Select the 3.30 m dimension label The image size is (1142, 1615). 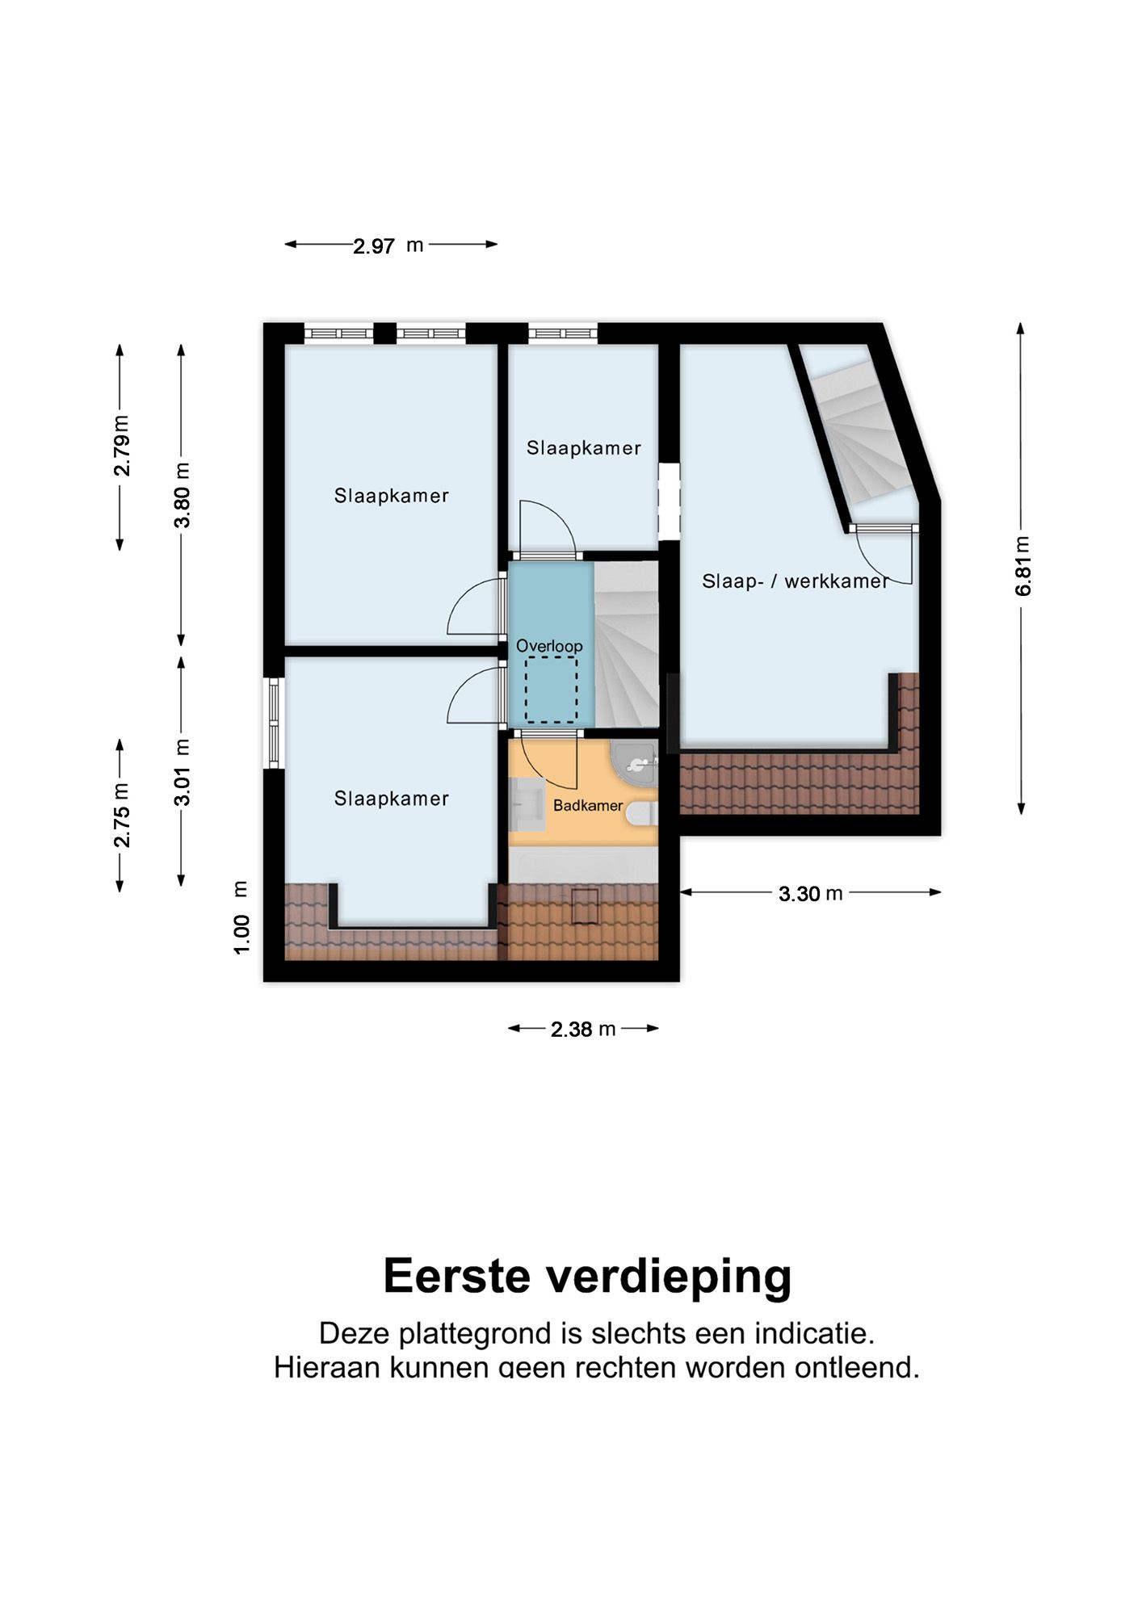810,893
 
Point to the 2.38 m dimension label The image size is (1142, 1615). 583,1029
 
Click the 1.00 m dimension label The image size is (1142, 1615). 241,917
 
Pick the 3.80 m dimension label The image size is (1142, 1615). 183,494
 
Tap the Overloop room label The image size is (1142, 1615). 549,646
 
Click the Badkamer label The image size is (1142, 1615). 587,805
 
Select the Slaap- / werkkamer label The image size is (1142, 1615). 795,581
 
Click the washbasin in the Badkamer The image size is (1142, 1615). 527,803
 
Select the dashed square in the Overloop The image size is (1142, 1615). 552,690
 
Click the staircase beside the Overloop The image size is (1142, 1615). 628,646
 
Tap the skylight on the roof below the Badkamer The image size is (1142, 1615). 585,905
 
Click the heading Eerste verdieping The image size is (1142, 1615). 587,1276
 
